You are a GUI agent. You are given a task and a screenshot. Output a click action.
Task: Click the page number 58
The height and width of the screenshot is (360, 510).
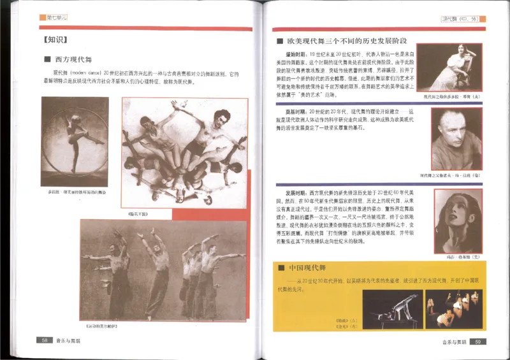[x=45, y=340]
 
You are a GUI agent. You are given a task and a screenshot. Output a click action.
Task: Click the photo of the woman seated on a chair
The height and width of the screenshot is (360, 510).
[x=456, y=68]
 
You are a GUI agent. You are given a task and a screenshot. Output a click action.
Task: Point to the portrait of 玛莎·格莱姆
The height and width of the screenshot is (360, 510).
[x=458, y=220]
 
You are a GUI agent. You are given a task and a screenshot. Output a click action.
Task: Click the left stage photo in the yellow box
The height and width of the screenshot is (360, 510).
[x=392, y=308]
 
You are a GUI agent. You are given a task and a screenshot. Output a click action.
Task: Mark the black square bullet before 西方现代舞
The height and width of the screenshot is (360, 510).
[x=47, y=60]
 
